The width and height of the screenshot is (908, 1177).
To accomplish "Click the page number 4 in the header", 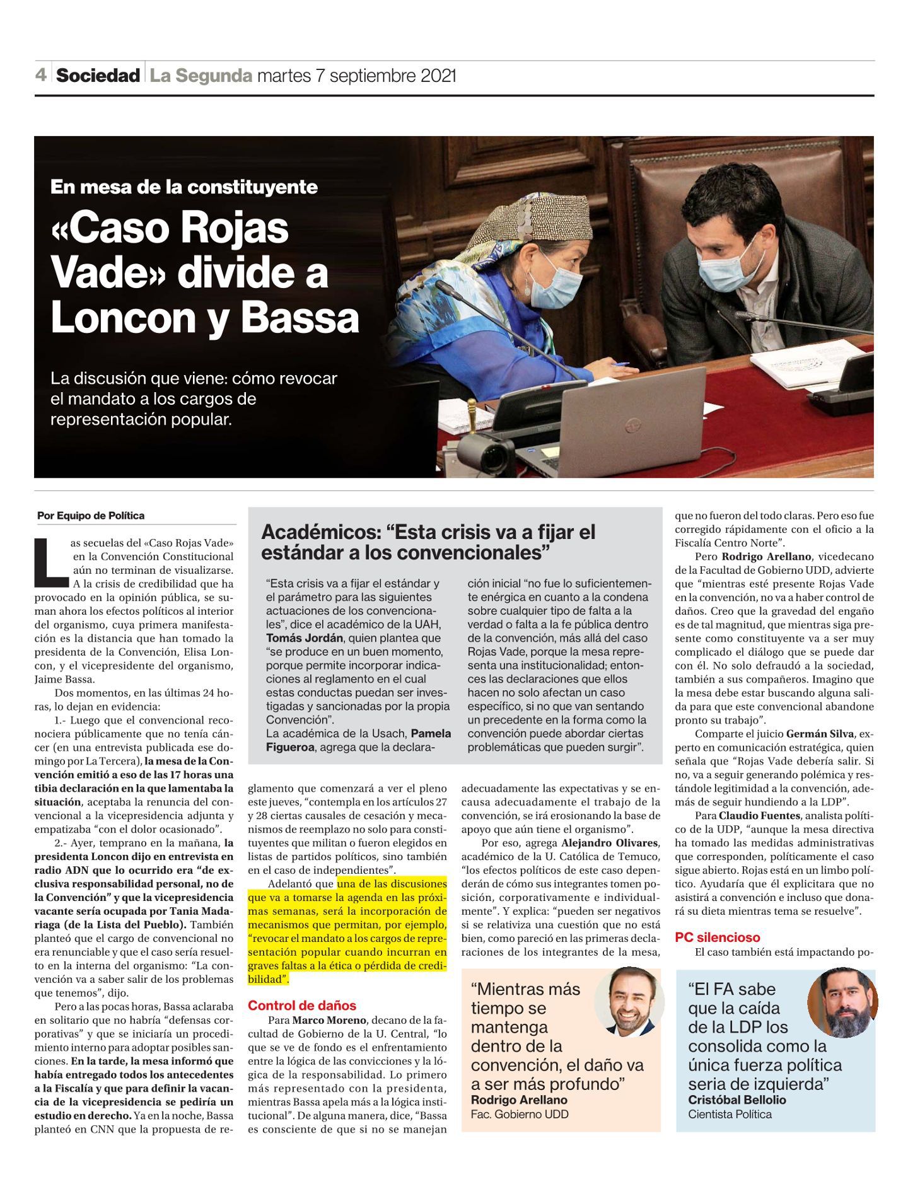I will coord(41,76).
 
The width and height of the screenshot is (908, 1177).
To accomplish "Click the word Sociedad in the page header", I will coord(98,76).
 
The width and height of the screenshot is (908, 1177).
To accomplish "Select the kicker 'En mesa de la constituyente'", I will coord(184,187).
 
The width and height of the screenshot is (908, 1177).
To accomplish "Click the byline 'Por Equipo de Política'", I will coord(91,516).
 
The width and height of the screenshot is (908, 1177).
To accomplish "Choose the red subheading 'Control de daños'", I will coord(302,1006).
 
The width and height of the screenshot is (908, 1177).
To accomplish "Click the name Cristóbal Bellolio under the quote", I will coord(737,1099).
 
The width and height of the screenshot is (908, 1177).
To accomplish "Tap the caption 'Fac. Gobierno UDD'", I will coord(520,1114).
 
